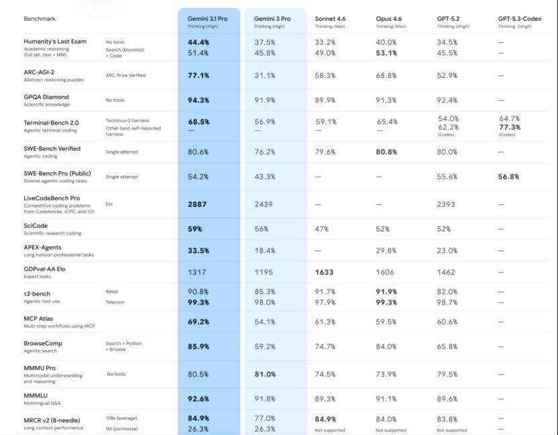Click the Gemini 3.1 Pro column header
coord(207,19)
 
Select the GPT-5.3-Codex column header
coord(518,19)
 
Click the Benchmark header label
coord(40,19)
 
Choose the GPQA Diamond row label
coord(46,97)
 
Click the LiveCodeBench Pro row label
coord(52,199)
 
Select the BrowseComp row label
coord(44,343)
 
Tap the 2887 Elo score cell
coord(197,204)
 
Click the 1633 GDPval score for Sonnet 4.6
coord(326,273)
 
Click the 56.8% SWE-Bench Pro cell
coord(508,177)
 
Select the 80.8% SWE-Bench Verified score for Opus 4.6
coord(387,152)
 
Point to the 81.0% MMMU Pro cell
coord(265,375)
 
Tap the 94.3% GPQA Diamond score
coord(198,101)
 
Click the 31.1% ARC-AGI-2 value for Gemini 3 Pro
coord(265,76)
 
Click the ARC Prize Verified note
coord(126,76)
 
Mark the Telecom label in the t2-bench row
coord(115,302)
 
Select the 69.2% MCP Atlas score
coord(198,322)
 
